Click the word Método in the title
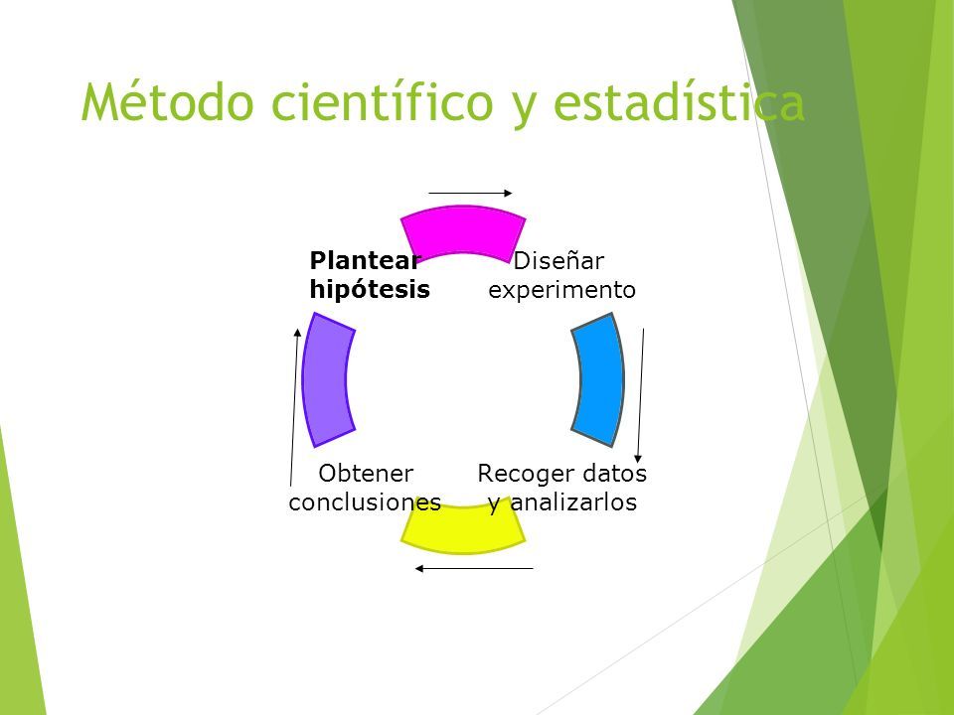[167, 101]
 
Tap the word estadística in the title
[680, 101]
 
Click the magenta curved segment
[463, 231]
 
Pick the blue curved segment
[598, 379]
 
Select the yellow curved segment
[463, 530]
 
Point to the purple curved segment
[328, 379]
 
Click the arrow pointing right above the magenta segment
[470, 194]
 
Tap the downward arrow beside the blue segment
[641, 396]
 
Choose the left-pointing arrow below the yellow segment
[474, 568]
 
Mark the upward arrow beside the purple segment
[294, 407]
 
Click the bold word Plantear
[365, 261]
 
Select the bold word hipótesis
[370, 289]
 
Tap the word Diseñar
[558, 261]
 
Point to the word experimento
[561, 290]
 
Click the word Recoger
[525, 474]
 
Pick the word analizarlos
[573, 502]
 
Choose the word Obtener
[366, 473]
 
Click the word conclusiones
[365, 502]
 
